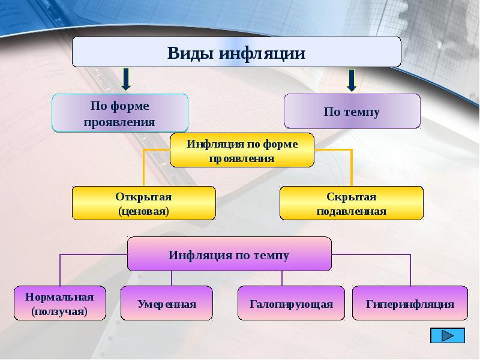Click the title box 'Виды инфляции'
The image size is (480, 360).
236,52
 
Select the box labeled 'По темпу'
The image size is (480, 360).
352,111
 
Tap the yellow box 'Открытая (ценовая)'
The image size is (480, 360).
144,203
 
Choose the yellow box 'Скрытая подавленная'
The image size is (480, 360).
352,203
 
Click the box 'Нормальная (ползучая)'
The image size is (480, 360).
59,303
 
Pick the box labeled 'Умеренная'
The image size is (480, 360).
167,303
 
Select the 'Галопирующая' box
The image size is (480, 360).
291,303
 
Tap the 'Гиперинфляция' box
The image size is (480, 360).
410,303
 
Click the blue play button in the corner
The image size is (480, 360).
448,335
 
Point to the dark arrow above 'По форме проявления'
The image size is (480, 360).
126,79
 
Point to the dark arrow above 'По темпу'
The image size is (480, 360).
352,80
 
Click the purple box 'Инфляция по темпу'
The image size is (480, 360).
229,254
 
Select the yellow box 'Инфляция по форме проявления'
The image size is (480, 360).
242,150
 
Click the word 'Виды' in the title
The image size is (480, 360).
190,53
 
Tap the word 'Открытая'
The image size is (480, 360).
143,197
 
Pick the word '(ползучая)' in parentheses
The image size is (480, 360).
59,311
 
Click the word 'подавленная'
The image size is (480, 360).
352,211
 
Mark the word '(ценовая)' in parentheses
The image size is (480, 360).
143,211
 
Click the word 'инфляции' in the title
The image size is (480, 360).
262,53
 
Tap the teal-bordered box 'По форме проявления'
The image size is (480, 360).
119,113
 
